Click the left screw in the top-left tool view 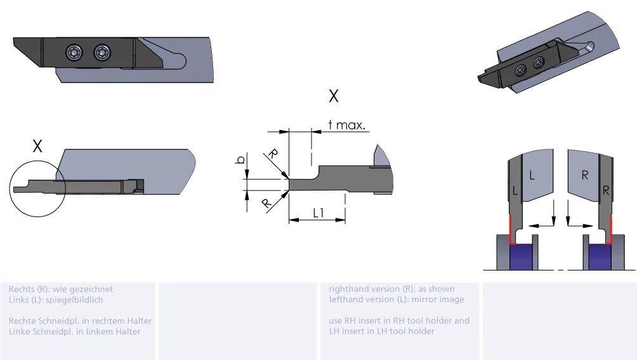coord(74,52)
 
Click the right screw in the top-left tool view coord(102,52)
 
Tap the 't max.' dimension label coord(346,124)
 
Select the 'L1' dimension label coord(318,213)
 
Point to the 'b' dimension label coord(240,160)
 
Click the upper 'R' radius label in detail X coord(273,154)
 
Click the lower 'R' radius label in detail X coord(266,203)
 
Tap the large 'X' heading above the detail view coord(334,97)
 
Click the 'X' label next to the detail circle coord(37,146)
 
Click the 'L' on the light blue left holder coord(532,175)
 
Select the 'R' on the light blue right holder coord(585,175)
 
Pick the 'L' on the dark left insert coord(515,190)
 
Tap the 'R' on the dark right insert coord(606,190)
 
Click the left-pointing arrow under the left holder coord(541,225)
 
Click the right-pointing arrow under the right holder coord(580,225)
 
